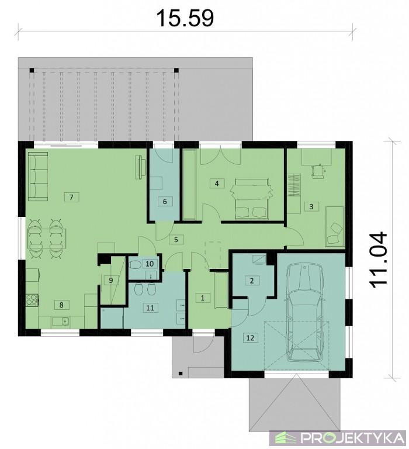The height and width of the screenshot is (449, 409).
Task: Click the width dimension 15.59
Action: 185,18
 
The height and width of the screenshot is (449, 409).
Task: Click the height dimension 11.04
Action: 378,260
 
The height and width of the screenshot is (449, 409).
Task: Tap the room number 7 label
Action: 71,197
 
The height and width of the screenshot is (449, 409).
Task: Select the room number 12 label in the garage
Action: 250,337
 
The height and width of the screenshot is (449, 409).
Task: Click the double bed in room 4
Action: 251,199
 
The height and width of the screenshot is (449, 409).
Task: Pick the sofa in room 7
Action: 38,176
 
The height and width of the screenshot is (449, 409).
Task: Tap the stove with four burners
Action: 32,300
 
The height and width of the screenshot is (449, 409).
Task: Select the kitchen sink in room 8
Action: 60,322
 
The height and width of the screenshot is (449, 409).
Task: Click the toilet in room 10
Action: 135,265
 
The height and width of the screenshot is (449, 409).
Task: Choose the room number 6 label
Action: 165,202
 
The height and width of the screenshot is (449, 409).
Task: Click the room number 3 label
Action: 311,206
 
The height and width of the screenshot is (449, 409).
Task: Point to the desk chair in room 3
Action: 318,171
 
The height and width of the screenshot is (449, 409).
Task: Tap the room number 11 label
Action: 150,308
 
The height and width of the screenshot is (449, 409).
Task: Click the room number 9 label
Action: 111,281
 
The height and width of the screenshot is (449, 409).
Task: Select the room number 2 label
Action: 252,281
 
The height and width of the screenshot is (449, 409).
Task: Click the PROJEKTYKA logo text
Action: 353,438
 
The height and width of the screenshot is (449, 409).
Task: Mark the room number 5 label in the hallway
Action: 176,239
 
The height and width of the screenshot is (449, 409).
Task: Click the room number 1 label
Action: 203,298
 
